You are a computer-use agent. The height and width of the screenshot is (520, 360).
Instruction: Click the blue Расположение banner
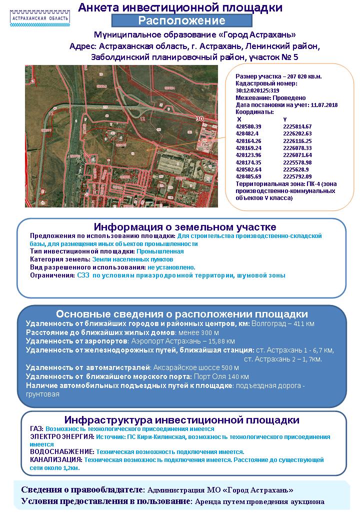181,20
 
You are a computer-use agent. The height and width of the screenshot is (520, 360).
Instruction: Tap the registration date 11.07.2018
324,105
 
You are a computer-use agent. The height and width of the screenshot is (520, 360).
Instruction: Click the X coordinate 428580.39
248,126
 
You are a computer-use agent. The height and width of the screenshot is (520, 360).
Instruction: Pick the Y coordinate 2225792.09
297,176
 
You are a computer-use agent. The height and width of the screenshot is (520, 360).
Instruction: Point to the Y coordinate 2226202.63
297,133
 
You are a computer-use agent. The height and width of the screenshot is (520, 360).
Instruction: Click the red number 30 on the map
200,119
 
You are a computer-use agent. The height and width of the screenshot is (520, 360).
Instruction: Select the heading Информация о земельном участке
182,227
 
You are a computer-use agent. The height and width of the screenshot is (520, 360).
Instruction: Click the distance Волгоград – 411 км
283,324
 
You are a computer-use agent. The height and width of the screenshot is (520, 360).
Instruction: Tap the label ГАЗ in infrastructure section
36,429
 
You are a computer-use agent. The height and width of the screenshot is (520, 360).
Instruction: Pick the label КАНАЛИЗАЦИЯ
56,459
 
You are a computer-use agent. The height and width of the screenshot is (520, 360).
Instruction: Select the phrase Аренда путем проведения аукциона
259,501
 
